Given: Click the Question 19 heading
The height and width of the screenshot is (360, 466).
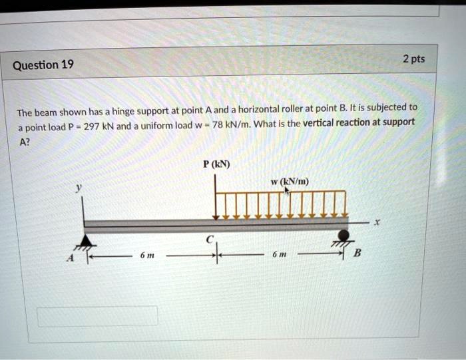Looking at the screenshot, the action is point(43,65).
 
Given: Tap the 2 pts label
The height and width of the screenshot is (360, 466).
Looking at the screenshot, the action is point(413,59).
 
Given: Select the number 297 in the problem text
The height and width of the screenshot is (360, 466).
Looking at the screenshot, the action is point(92,127).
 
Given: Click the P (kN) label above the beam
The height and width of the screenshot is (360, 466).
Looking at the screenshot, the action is point(216,164).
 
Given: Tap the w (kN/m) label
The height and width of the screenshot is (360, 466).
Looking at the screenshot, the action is point(290,182).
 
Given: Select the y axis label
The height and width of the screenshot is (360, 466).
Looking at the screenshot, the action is point(78,188).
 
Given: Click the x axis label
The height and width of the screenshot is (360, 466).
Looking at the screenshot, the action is point(377,222).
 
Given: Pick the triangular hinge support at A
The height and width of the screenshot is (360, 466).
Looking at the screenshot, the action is point(86,241).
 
